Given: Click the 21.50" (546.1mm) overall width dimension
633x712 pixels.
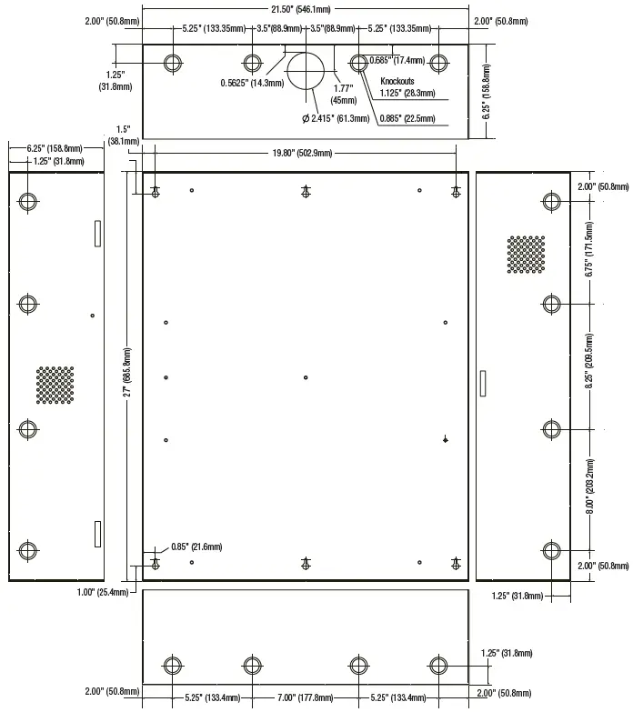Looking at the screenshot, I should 304,9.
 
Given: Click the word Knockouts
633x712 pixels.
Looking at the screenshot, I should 398,81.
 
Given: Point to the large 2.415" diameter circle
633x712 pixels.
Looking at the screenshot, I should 306,69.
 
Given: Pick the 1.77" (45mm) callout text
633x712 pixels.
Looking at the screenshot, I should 343,95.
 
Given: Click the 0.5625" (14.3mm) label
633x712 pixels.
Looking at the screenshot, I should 252,83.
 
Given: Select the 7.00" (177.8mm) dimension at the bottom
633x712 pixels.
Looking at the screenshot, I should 306,698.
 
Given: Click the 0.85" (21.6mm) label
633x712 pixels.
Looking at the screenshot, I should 196,547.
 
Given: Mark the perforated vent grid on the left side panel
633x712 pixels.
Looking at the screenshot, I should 55,386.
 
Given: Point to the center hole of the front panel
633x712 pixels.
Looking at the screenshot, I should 306,377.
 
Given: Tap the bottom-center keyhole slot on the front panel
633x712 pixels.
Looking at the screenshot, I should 306,564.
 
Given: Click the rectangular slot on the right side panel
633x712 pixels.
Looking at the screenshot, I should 483,382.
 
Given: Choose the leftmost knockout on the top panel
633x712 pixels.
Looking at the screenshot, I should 173,63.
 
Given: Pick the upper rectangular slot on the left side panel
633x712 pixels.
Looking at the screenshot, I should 95,234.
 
